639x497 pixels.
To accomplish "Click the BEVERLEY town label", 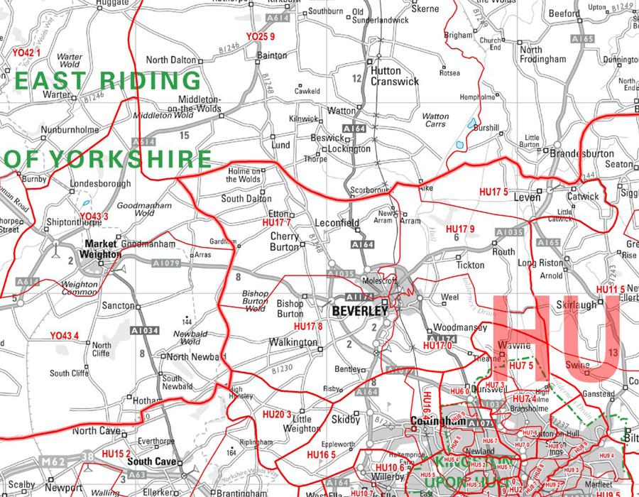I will pyautogui.click(x=359, y=311).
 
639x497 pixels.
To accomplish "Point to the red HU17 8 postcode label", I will pyautogui.click(x=308, y=326).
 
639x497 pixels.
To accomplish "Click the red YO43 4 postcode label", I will pyautogui.click(x=64, y=335).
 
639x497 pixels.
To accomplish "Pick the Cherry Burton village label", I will pyautogui.click(x=286, y=241).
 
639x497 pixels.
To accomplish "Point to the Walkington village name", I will pyautogui.click(x=294, y=343).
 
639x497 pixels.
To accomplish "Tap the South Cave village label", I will pyautogui.click(x=151, y=461).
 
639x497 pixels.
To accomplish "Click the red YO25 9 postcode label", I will pyautogui.click(x=261, y=35).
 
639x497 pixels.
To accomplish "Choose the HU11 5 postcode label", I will pyautogui.click(x=611, y=289).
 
